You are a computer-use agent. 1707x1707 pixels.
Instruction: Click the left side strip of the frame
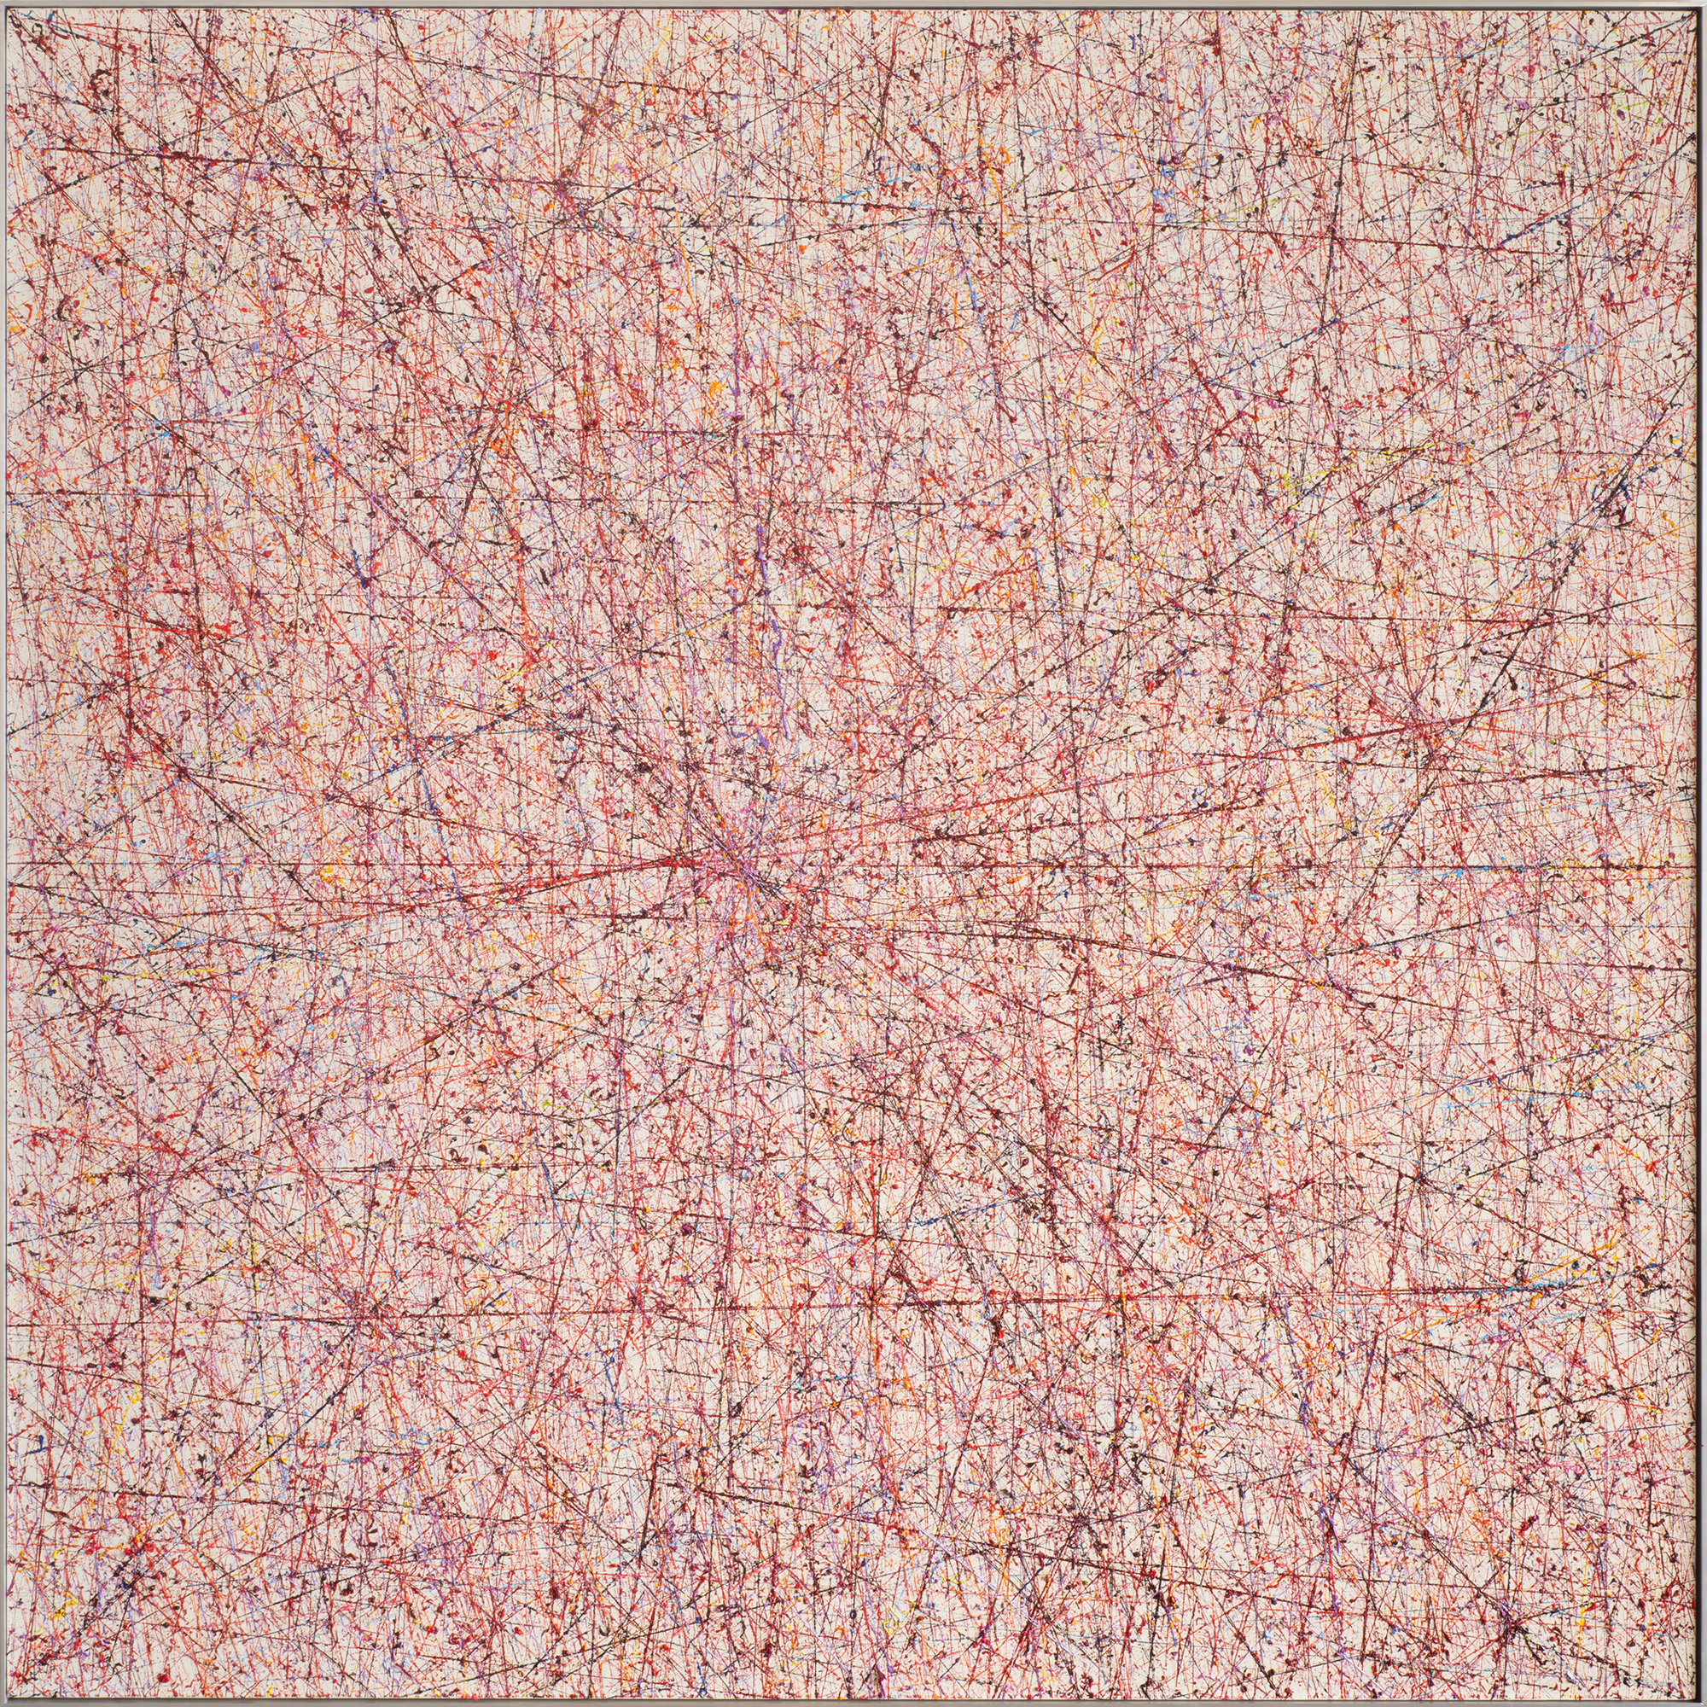(x=4, y=853)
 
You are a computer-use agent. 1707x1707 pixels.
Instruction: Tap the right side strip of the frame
(x=1703, y=853)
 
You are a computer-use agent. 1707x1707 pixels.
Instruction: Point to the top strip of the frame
(x=853, y=4)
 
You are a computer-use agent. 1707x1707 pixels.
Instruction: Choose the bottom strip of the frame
(x=853, y=1703)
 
